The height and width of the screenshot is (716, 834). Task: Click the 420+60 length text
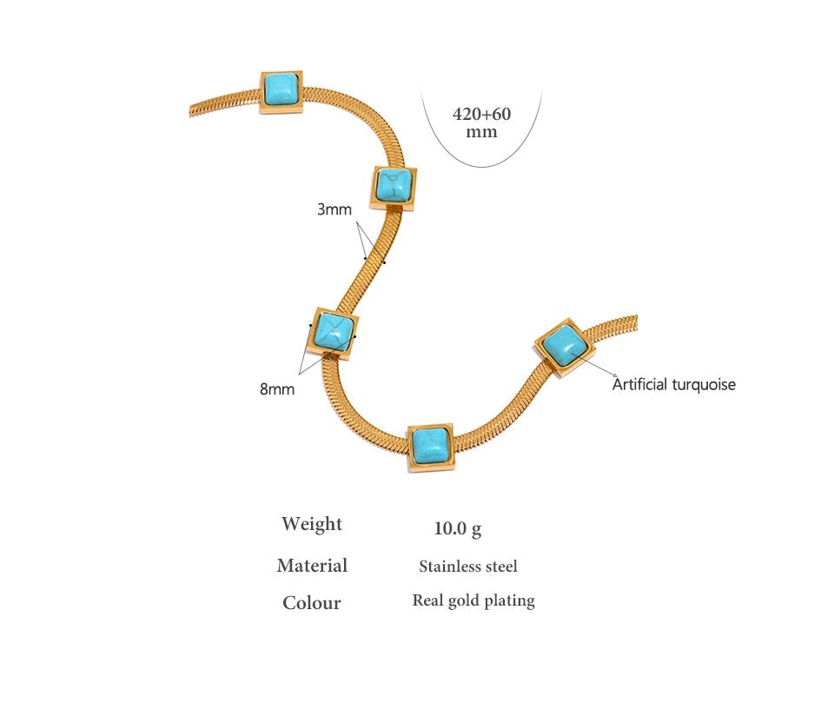tap(481, 114)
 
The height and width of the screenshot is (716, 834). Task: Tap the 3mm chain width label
tap(334, 209)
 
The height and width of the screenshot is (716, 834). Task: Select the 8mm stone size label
tap(276, 389)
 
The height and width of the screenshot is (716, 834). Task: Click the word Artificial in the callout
tap(639, 384)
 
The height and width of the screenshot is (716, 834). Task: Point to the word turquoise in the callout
tap(704, 385)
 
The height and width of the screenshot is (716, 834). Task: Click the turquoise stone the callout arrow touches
tap(564, 348)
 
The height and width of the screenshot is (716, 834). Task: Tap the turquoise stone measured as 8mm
tap(334, 333)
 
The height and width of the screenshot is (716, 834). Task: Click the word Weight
tap(312, 524)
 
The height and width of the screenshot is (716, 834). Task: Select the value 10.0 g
tap(458, 528)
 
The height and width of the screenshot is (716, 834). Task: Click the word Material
tap(312, 566)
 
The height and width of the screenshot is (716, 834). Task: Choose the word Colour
tap(312, 603)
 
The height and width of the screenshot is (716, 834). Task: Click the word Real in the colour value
tap(427, 600)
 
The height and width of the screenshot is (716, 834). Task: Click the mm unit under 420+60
tap(481, 131)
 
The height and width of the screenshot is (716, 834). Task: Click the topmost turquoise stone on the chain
tap(281, 91)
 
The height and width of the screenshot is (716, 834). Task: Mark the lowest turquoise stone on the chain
tap(431, 447)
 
